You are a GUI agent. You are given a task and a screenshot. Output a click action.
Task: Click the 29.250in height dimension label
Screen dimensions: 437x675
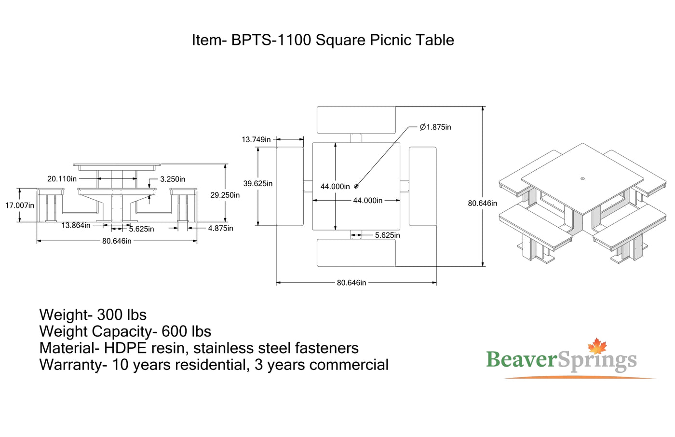[x=225, y=195]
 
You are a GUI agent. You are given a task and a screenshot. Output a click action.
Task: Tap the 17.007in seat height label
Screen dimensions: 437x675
[x=20, y=205]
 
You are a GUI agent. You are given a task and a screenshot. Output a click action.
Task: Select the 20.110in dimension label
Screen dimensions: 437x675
[x=62, y=179]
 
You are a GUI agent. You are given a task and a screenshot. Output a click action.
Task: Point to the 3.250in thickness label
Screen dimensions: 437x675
[x=173, y=179]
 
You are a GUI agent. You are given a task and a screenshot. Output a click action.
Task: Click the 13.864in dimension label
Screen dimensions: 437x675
[x=76, y=225]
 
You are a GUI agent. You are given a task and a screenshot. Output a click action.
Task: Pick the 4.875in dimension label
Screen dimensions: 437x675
[x=220, y=228]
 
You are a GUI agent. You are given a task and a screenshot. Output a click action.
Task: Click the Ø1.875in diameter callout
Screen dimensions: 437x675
[x=435, y=127]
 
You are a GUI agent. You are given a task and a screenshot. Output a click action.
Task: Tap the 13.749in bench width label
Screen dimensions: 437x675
[x=256, y=140]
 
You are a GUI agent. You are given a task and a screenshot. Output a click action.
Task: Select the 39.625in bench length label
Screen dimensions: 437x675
[x=257, y=184]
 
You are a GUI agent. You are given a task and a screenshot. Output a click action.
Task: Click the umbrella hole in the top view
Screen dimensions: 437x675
[x=356, y=186]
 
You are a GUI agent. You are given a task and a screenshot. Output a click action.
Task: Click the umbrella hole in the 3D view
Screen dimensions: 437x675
[x=582, y=179]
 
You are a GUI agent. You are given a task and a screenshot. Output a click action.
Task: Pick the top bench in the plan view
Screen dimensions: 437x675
[x=356, y=120]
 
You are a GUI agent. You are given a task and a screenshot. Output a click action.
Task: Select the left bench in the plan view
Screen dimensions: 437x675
[x=290, y=186]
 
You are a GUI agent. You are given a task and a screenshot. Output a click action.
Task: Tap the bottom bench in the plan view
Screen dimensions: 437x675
[x=356, y=253]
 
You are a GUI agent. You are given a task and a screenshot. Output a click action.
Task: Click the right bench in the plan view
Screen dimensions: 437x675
[x=422, y=186]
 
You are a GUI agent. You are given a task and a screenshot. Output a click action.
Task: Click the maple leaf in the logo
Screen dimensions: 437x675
[x=597, y=346]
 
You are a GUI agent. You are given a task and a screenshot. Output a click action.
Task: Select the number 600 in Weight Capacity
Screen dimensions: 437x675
[x=174, y=331]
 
